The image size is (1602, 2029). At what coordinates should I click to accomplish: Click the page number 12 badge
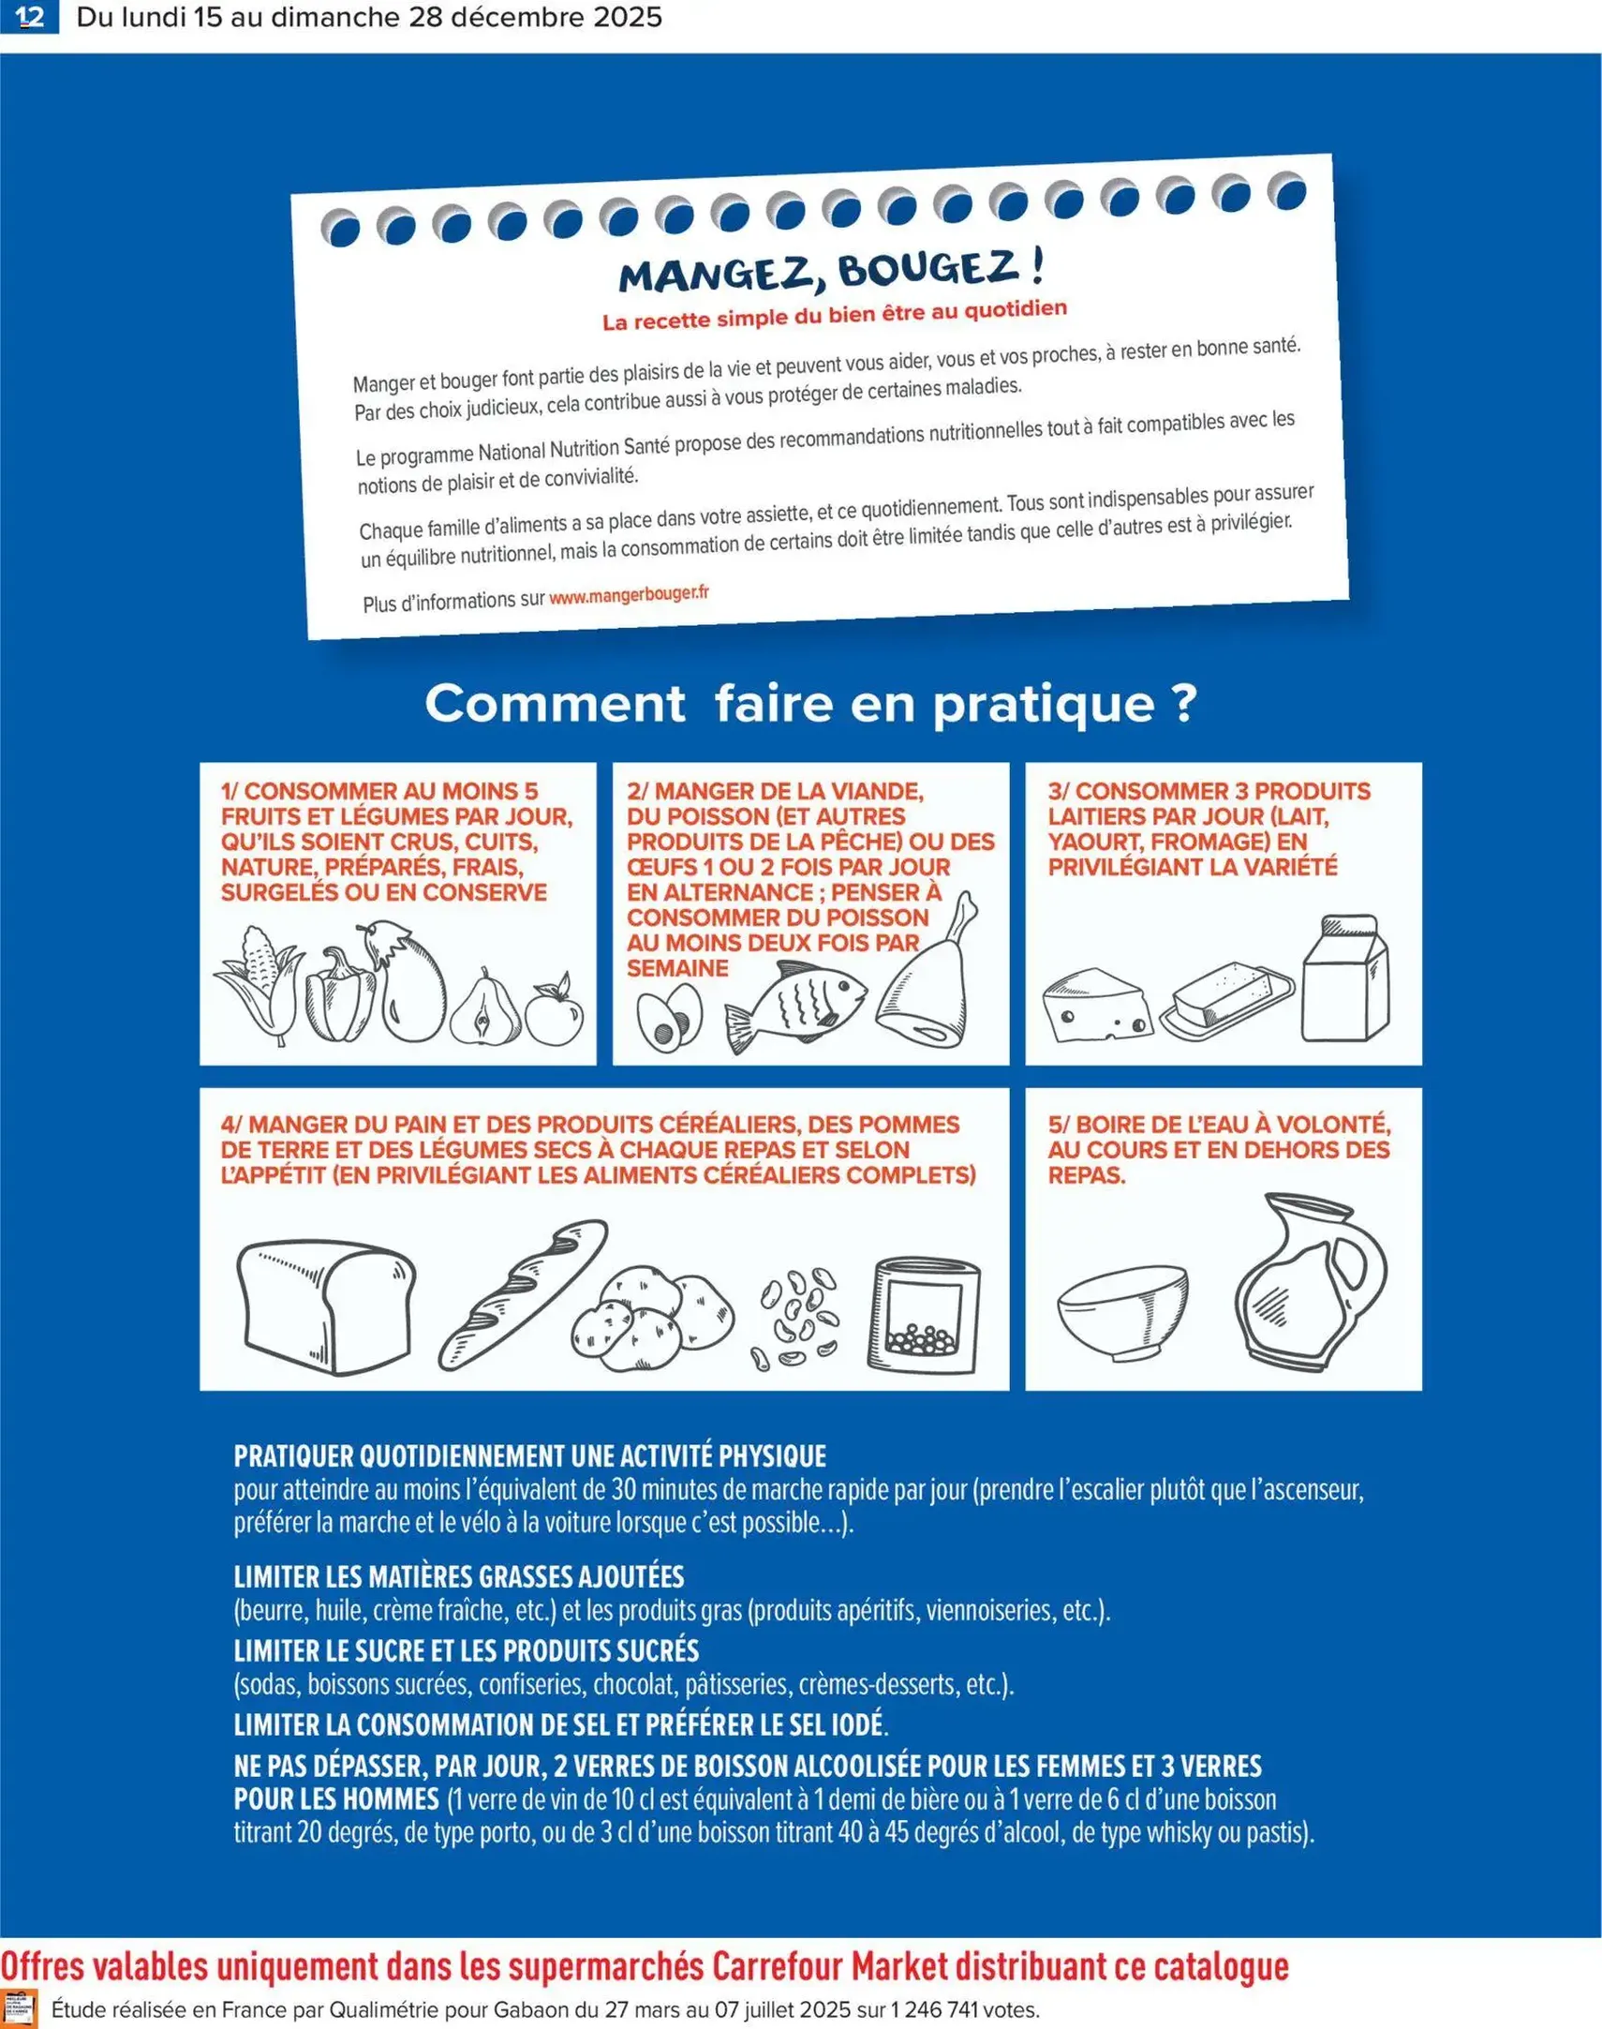[29, 17]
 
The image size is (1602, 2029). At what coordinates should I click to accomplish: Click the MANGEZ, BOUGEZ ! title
[831, 271]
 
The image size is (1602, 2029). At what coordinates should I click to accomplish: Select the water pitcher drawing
[1309, 1279]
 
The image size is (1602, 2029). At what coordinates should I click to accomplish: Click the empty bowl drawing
[1121, 1311]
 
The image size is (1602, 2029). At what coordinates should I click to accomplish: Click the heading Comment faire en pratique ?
[810, 704]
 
